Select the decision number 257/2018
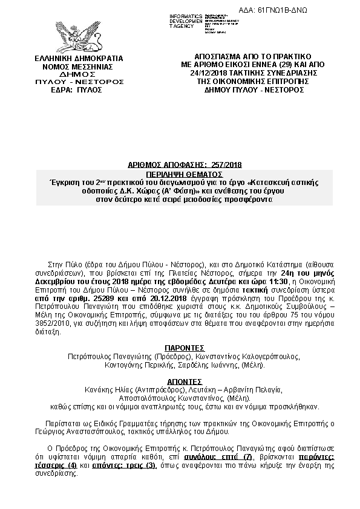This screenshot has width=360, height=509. (222, 164)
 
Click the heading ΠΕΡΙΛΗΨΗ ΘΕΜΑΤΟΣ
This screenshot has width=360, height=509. (185, 172)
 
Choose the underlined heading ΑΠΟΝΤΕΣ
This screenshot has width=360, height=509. (185, 382)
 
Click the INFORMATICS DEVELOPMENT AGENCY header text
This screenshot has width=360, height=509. (186, 21)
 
